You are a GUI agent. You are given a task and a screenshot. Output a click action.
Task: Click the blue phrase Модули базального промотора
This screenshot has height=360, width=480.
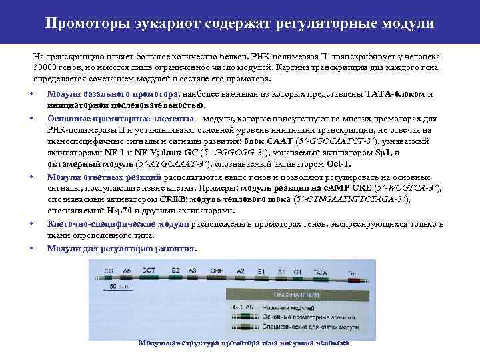112,94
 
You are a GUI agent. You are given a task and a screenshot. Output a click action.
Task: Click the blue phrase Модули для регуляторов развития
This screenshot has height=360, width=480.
121,248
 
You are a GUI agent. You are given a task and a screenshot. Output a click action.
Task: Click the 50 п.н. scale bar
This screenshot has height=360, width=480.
120,288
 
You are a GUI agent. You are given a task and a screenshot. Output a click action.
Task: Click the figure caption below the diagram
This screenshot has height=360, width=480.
243,343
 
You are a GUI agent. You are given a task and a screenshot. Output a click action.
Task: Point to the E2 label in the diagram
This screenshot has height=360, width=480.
175,271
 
